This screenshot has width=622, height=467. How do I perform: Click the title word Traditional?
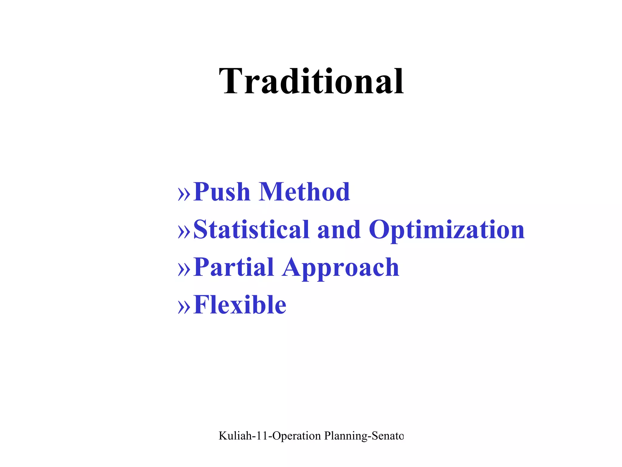point(311,81)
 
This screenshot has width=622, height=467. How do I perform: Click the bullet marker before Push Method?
point(184,193)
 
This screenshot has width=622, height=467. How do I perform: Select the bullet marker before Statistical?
point(184,231)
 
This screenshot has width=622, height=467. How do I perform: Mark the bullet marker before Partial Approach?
point(184,269)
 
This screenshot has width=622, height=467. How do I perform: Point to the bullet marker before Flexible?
point(184,306)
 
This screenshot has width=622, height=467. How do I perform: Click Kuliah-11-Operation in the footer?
point(270,436)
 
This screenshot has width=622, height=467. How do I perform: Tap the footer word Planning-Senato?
point(364,436)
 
